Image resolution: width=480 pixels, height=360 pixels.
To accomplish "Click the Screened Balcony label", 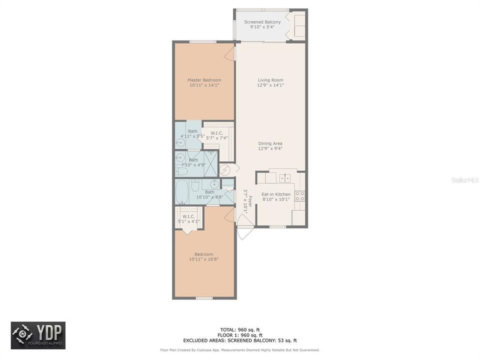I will (262, 22).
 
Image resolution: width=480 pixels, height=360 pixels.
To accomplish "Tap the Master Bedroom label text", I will (204, 80).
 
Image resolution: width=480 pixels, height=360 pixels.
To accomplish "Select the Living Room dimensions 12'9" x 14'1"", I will (270, 85).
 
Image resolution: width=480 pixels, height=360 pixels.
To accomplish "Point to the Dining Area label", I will (270, 143).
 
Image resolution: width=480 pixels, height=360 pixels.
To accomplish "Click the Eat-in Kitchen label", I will (276, 194).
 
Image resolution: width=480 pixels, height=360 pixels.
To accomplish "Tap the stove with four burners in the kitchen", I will (300, 196).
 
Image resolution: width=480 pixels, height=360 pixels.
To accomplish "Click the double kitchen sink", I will (285, 177).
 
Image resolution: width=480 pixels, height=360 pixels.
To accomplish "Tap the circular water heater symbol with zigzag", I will (225, 170).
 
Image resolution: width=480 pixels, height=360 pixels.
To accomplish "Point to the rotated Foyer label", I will (245, 200).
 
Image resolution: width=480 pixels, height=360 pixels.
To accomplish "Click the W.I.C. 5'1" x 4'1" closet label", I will (188, 218).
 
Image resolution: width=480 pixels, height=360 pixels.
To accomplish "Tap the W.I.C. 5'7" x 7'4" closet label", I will (217, 135).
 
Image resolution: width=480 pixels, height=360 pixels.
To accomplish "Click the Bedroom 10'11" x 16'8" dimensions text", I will (204, 259).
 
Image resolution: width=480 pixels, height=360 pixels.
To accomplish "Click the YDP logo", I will (38, 335).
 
